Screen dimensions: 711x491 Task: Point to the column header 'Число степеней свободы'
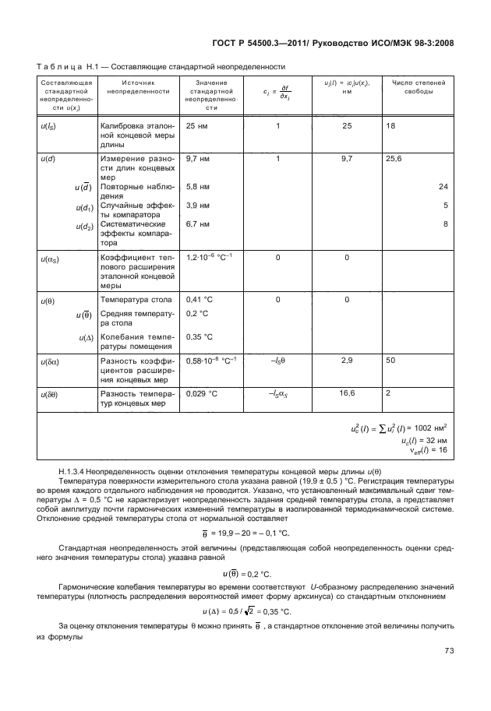[x=419, y=86]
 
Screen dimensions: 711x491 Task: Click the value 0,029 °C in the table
[x=202, y=394]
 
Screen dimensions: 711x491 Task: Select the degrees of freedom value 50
[x=391, y=361]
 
